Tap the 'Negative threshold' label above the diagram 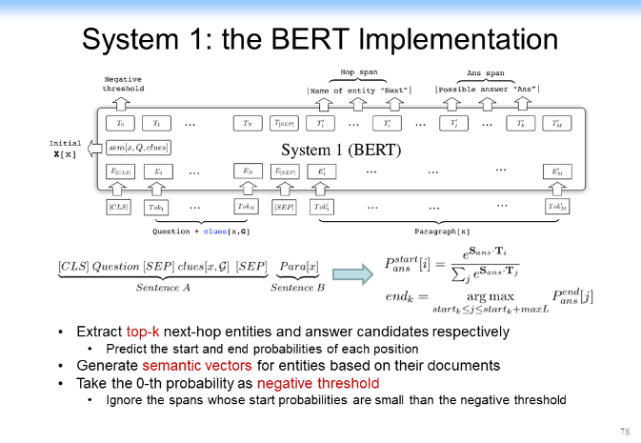(123, 85)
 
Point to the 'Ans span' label (486, 71)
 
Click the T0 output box (120, 124)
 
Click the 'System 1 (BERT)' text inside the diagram (343, 150)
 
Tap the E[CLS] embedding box (120, 172)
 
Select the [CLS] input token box (120, 206)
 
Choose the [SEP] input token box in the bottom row (285, 206)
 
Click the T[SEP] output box (285, 124)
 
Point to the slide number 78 (624, 432)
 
